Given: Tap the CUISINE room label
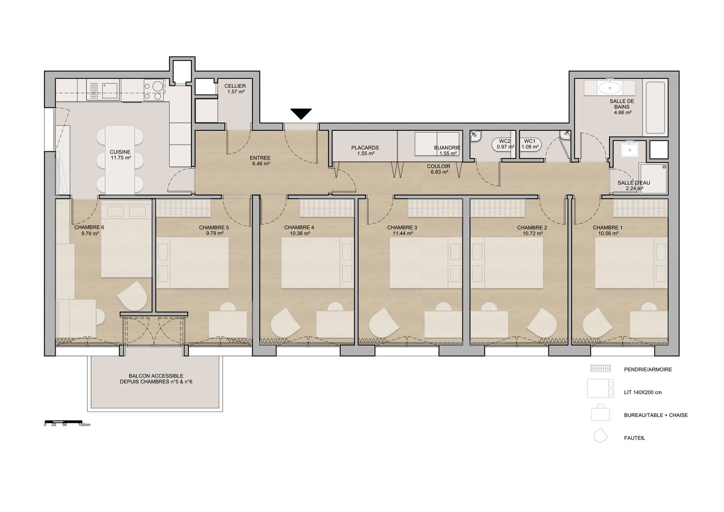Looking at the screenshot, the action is (x=120, y=152).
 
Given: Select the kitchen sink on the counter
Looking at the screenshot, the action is (x=110, y=90).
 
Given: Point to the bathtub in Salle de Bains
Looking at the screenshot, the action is (x=655, y=108).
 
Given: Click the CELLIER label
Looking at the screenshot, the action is (x=235, y=86).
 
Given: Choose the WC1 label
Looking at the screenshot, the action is (x=530, y=141).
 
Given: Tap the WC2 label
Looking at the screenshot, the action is (x=505, y=141).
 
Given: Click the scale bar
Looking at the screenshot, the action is (x=63, y=421).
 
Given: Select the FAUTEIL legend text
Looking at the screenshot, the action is (x=634, y=438).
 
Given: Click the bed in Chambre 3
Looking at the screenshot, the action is (x=425, y=263).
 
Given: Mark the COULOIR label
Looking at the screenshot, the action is (x=438, y=166).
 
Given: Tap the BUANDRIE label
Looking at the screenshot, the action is (x=448, y=148).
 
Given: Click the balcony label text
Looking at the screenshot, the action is (x=156, y=379).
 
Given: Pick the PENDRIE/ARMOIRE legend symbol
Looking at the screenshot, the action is (x=600, y=368).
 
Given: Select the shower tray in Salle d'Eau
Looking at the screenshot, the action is (x=653, y=178).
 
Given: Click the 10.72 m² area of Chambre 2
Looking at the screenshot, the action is (x=532, y=233).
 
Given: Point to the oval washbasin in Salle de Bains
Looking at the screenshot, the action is (x=610, y=88).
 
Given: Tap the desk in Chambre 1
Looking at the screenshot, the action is (x=649, y=325).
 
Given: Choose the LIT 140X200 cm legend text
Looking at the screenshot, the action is (x=643, y=392).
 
